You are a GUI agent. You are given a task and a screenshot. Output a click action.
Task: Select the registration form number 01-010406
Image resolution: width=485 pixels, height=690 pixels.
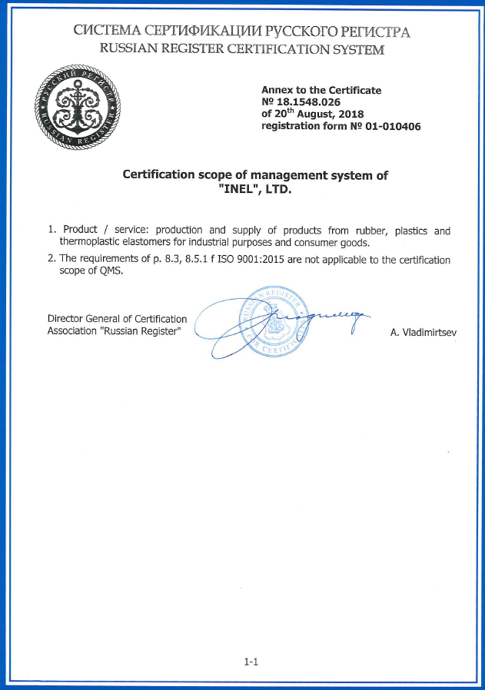tap(390, 126)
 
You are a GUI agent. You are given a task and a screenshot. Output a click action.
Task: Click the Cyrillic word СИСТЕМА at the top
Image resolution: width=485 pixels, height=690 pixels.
tap(106, 32)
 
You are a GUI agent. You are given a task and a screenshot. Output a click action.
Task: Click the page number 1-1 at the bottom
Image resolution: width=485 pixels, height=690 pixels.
tap(250, 660)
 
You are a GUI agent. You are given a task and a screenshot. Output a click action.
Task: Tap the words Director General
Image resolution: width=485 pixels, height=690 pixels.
tap(83, 318)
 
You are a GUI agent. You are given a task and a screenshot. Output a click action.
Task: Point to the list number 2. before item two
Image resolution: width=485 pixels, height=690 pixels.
tap(51, 259)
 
